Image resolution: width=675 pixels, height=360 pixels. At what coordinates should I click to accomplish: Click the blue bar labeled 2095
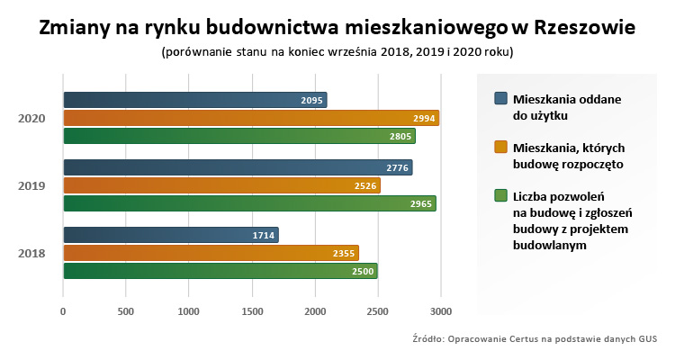(194, 100)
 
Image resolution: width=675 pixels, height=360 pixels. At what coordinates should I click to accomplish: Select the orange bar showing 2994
(251, 118)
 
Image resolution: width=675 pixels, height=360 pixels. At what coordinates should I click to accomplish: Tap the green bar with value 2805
(239, 136)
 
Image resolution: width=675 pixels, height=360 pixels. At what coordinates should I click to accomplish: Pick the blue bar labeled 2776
(238, 167)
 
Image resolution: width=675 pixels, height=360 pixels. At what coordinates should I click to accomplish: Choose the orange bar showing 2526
(221, 185)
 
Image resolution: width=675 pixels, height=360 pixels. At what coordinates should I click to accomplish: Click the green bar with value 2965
(249, 203)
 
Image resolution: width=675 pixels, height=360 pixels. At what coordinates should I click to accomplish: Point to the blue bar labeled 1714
(171, 235)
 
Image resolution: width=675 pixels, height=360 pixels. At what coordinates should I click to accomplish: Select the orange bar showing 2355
(211, 253)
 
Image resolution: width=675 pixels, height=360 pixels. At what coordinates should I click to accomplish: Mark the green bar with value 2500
(220, 271)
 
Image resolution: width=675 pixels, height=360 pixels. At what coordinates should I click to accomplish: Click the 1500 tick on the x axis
(252, 311)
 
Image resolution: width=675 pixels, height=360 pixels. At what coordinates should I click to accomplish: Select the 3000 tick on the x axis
(440, 311)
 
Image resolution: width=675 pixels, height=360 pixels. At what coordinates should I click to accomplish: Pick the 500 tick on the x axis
(126, 311)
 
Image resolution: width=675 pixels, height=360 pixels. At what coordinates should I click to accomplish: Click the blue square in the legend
(501, 97)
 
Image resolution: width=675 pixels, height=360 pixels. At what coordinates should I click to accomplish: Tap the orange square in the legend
(501, 146)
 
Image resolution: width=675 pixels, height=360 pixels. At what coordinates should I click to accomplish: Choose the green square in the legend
(501, 194)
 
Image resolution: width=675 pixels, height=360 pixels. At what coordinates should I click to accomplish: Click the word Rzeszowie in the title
(585, 27)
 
